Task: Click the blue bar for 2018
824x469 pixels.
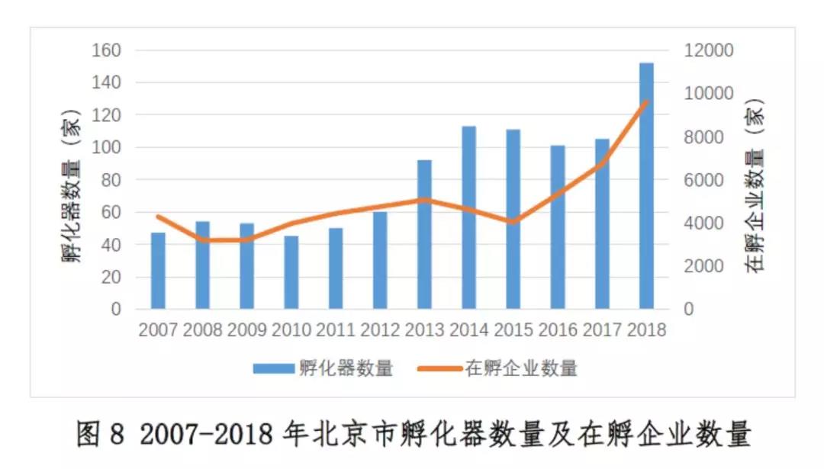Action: coord(646,186)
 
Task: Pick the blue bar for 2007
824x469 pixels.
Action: coord(158,271)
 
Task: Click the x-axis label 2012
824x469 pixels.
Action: coord(380,331)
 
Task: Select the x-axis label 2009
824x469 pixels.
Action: coord(246,331)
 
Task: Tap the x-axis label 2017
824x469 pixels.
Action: coord(602,331)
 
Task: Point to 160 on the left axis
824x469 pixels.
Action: coord(107,50)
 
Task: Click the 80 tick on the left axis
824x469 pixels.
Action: coord(111,180)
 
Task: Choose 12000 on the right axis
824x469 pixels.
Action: coord(708,50)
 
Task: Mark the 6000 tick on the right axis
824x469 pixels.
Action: coord(703,180)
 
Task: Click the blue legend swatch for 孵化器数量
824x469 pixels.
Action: coord(273,369)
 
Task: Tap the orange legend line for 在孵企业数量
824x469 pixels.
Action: coord(439,369)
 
